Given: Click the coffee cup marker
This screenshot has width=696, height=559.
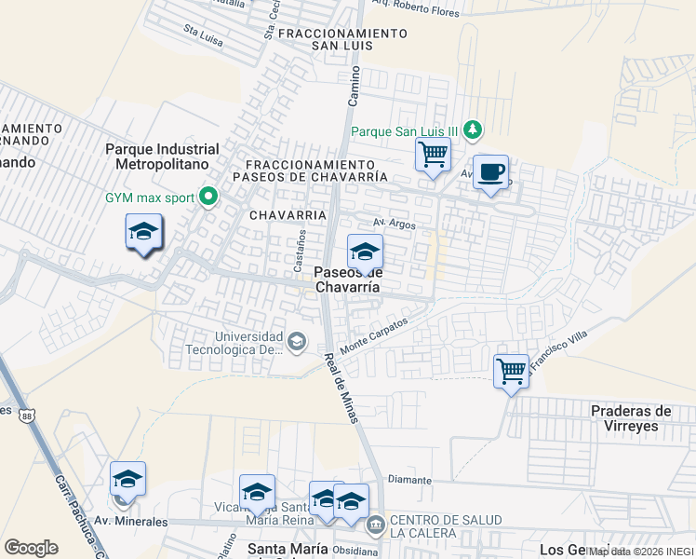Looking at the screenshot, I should [x=490, y=172].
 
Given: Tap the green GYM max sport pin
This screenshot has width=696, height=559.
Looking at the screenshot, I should [x=208, y=197].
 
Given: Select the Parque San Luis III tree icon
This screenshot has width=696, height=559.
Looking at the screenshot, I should [x=474, y=130].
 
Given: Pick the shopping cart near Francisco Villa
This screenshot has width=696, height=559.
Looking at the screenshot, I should [x=511, y=371].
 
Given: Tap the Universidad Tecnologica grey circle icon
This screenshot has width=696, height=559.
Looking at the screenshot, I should [x=296, y=342].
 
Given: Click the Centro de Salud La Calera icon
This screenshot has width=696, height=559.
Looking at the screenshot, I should [x=376, y=525].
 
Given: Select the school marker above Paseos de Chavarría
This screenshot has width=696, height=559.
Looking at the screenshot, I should [x=365, y=252].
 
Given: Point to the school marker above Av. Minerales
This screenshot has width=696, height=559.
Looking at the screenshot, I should [x=127, y=480].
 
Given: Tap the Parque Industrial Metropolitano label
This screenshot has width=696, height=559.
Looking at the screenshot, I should [x=162, y=157].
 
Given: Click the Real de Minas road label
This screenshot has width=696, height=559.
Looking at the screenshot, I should [x=341, y=387].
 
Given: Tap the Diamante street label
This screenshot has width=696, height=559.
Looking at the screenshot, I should [x=409, y=480].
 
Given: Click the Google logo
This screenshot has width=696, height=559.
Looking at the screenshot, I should [x=31, y=547].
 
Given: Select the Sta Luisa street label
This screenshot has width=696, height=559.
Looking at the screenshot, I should [x=203, y=34].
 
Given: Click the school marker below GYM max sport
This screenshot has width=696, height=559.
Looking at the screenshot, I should [x=143, y=232].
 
